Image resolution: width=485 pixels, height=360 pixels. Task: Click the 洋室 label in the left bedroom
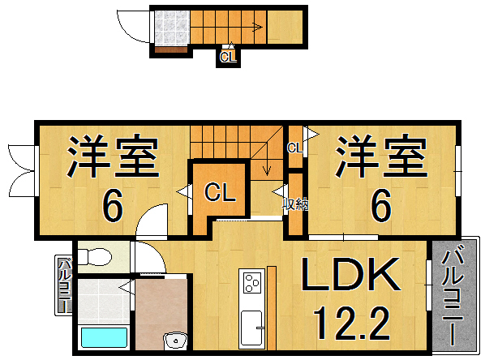coord(112,158)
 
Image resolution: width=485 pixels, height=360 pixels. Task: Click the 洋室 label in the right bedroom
coord(382,158)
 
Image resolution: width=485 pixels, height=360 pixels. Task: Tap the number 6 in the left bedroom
coord(113,206)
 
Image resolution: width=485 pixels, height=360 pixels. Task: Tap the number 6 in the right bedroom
coord(381,206)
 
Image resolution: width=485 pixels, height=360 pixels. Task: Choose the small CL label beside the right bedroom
coord(294,148)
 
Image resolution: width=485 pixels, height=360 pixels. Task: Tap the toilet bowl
coord(97,258)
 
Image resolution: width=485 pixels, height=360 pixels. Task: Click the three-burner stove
coord(251,284)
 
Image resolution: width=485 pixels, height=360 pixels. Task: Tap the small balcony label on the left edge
coord(63,285)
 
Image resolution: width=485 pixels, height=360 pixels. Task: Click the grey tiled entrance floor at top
coord(170,29)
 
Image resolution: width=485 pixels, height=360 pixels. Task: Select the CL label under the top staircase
coord(228,57)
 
